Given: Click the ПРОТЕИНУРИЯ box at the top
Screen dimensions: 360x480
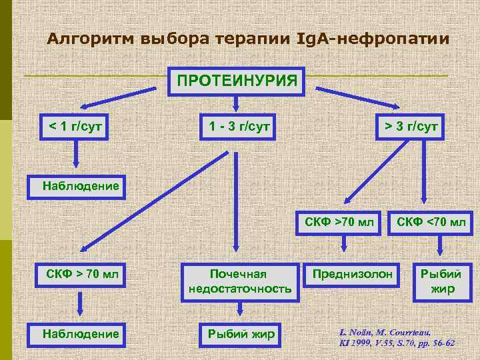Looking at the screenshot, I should tap(237, 81).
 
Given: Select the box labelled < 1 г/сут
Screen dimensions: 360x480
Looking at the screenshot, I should tap(75, 125).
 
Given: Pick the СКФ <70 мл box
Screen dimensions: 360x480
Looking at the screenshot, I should tap(431, 221).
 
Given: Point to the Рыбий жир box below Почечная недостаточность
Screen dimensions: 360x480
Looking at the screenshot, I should tap(240, 333).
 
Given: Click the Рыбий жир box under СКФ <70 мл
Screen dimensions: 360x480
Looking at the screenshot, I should tap(441, 281).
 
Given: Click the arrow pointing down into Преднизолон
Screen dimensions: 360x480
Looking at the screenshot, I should tap(343, 247).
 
